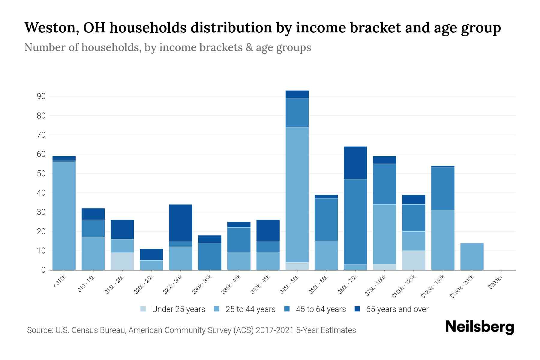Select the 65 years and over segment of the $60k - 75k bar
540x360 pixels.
pos(355,163)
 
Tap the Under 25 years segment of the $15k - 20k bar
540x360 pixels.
pos(122,261)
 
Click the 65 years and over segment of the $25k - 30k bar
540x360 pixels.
pos(181,223)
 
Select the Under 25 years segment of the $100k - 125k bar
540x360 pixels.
pos(414,260)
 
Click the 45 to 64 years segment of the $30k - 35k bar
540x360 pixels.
pos(210,256)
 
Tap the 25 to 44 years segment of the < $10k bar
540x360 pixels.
pos(64,215)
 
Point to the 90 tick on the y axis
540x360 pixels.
pos(41,96)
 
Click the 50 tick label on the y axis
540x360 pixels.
pos(41,174)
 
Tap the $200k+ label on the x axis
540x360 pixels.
pos(495,283)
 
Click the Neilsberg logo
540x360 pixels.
pos(479,327)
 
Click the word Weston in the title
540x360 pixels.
pos(51,28)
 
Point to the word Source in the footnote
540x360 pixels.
pos(39,330)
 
